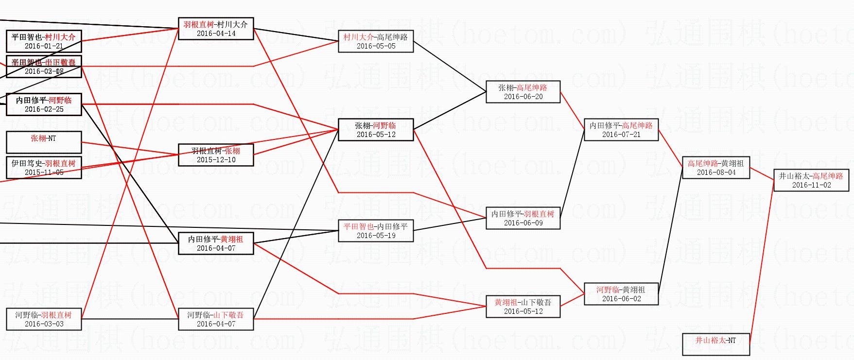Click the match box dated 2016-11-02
tap(811, 180)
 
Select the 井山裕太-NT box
tap(715, 344)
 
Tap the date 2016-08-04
tap(716, 172)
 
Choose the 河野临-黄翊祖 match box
tap(621, 294)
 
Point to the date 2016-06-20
tap(523, 97)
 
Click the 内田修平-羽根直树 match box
tap(523, 218)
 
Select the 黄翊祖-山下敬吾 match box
tap(523, 307)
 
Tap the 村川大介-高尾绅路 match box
tap(376, 41)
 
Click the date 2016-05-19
tap(376, 236)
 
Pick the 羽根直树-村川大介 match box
tap(216, 29)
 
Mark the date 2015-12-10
tap(216, 160)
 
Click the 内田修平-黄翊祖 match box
tap(216, 243)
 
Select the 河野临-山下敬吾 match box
tap(216, 319)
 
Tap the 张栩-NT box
tap(44, 142)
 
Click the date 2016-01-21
tap(44, 47)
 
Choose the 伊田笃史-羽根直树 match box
tap(44, 168)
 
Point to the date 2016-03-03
tap(44, 324)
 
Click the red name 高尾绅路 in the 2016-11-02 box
tap(828, 176)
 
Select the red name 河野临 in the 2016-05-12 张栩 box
tap(384, 125)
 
